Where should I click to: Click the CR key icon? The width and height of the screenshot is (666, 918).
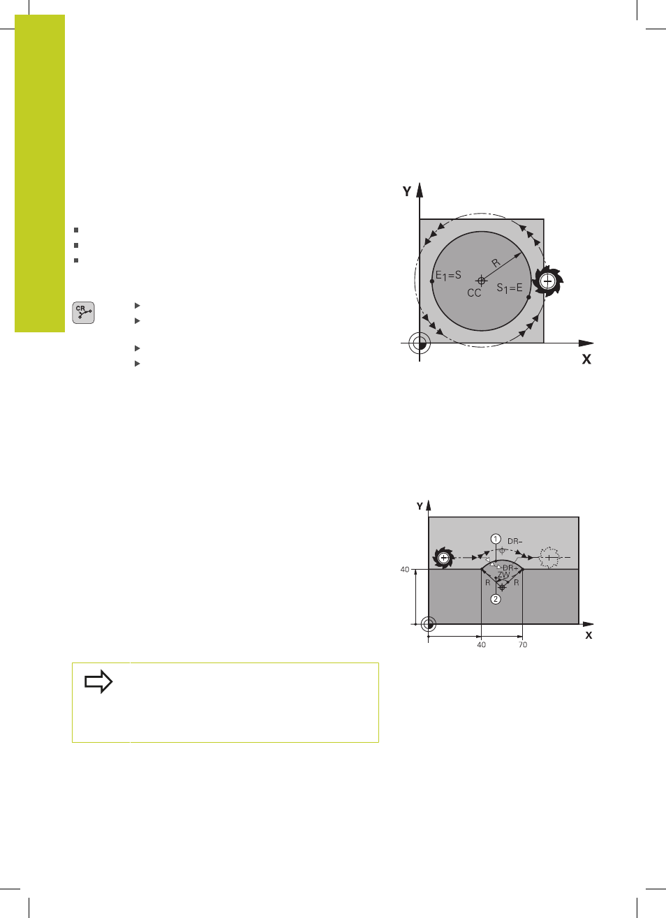click(x=83, y=313)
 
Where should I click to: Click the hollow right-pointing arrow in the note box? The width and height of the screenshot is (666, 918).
click(x=98, y=681)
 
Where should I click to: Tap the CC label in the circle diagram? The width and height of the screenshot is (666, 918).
click(x=474, y=293)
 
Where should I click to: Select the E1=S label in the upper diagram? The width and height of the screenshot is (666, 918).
click(x=448, y=275)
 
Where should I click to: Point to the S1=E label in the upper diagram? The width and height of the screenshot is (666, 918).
click(x=510, y=288)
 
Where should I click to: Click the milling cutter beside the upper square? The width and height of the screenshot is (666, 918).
click(x=547, y=281)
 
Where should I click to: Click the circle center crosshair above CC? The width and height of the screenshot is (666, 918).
click(x=482, y=281)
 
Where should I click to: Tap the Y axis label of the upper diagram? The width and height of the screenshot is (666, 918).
click(x=406, y=191)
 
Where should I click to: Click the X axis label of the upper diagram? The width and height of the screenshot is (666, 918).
click(x=586, y=360)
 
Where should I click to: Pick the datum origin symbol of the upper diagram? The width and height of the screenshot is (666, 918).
click(x=420, y=343)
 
